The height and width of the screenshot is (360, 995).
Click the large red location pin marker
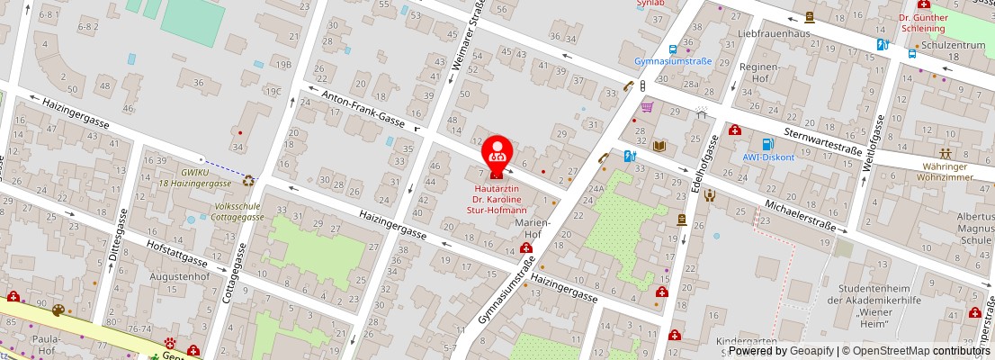tap(498, 153)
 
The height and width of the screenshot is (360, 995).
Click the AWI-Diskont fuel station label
tap(767, 157)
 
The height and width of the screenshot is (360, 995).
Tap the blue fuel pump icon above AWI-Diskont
tap(767, 143)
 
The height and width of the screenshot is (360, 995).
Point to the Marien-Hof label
tap(530, 227)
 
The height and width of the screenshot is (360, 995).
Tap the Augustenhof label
tap(179, 276)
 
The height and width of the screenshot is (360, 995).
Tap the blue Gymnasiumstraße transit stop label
tap(673, 61)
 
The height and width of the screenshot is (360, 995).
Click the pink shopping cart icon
tap(645, 105)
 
